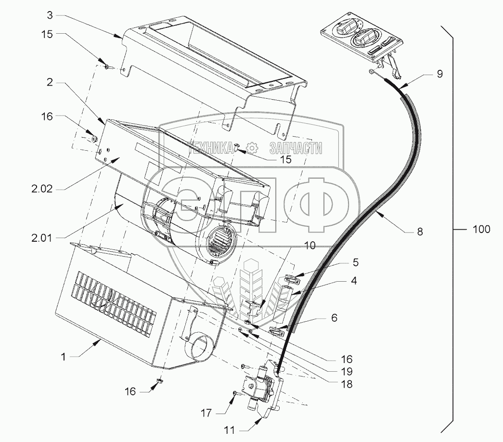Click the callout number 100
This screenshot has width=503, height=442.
480,229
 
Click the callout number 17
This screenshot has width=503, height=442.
206,412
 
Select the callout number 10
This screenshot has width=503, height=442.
310,246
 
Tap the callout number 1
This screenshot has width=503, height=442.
63,357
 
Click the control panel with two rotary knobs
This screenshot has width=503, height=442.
361,39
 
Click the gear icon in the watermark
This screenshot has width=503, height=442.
251,147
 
